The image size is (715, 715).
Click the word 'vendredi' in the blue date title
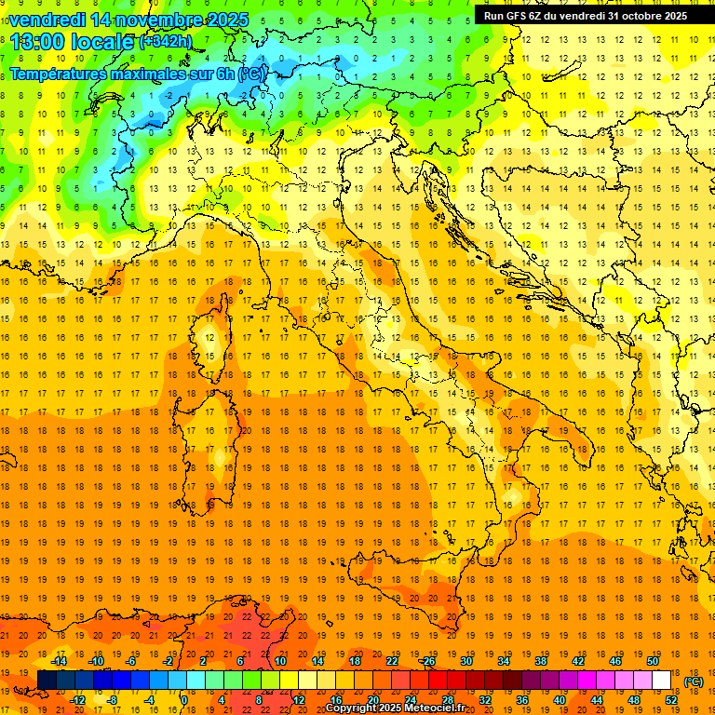pyautogui.click(x=47, y=20)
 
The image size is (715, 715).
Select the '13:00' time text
pyautogui.click(x=38, y=42)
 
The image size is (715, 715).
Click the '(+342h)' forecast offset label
pyautogui.click(x=165, y=42)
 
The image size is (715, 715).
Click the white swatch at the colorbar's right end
pyautogui.click(x=661, y=680)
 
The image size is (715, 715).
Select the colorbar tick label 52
pyautogui.click(x=670, y=699)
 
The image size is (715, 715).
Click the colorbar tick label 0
pyautogui.click(x=184, y=699)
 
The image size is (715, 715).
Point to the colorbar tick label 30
pyautogui.click(x=465, y=661)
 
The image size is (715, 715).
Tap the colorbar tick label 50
pyautogui.click(x=653, y=661)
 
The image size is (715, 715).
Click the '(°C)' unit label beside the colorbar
pyautogui.click(x=694, y=681)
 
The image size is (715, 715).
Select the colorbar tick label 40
pyautogui.click(x=559, y=699)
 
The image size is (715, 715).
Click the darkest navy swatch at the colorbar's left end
pyautogui.click(x=47, y=680)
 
